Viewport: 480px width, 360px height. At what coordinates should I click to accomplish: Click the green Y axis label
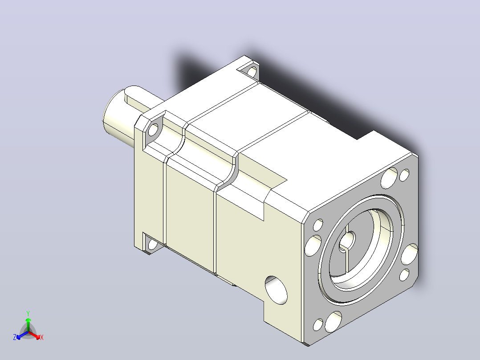(x=28, y=313)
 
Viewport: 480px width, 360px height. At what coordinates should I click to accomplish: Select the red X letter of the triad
(x=42, y=337)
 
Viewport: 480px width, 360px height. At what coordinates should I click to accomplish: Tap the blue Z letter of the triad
(x=14, y=337)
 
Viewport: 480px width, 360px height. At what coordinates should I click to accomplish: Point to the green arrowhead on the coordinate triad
(x=28, y=320)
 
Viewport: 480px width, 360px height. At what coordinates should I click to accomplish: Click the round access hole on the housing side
(x=276, y=290)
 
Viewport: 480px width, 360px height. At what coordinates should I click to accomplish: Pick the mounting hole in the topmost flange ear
(x=252, y=72)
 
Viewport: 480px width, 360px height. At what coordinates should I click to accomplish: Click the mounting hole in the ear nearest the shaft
(x=153, y=129)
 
